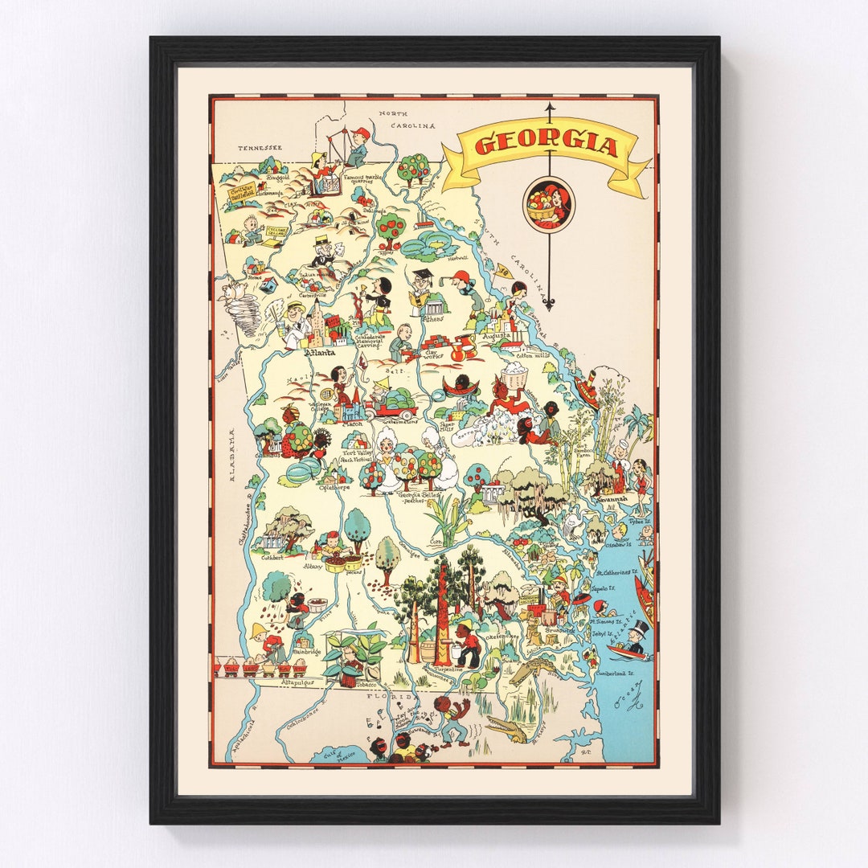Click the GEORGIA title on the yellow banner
(546, 145)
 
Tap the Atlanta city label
(319, 351)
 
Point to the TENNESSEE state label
(260, 148)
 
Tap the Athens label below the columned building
(432, 318)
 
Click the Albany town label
(312, 566)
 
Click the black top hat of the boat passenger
(641, 626)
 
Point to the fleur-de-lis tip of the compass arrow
(549, 304)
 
